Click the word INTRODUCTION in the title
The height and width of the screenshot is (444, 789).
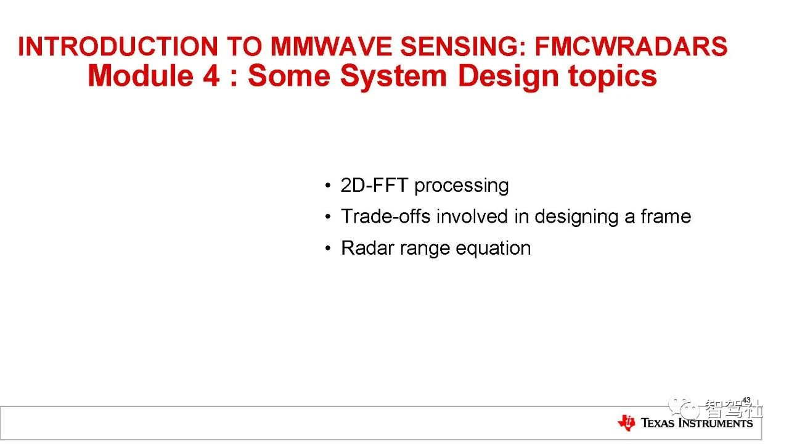118,46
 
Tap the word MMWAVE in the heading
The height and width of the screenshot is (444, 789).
331,46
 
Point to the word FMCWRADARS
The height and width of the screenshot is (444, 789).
631,46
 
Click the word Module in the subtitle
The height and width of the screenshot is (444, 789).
141,76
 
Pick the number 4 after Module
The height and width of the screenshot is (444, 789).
211,76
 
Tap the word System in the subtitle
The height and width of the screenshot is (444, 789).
393,78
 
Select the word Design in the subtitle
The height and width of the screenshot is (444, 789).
509,78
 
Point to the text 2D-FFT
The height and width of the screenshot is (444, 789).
374,185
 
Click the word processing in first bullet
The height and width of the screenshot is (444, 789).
462,186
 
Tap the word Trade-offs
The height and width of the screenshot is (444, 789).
386,216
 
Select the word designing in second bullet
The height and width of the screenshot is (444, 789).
576,218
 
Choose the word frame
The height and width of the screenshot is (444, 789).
666,216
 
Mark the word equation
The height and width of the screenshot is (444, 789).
493,249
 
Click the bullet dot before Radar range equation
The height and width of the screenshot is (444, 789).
328,249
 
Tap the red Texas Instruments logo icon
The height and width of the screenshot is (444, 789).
626,422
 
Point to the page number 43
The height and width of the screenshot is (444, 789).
746,400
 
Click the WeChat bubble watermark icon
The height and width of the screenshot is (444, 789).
684,406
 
